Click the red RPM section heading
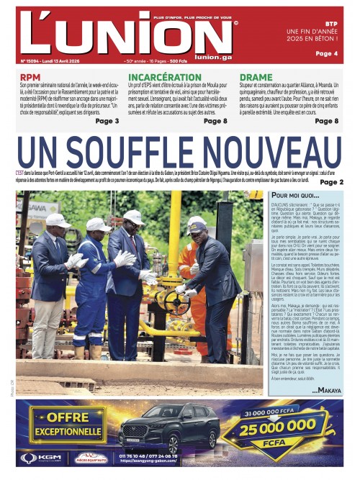pos(30,77)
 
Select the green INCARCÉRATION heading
pos(165,77)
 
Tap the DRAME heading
pos(256,77)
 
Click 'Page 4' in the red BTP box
pos(326,54)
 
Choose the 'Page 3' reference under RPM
pos(107,121)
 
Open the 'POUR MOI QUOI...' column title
pos(295,196)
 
